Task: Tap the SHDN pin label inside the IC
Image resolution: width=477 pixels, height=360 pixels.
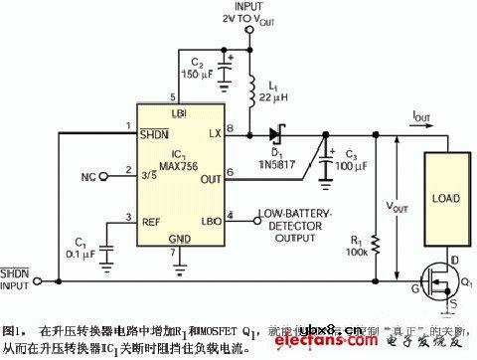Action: (x=154, y=135)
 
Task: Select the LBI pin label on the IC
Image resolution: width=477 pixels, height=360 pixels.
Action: (x=179, y=113)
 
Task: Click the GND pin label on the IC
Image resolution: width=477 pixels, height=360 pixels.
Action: (x=179, y=240)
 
